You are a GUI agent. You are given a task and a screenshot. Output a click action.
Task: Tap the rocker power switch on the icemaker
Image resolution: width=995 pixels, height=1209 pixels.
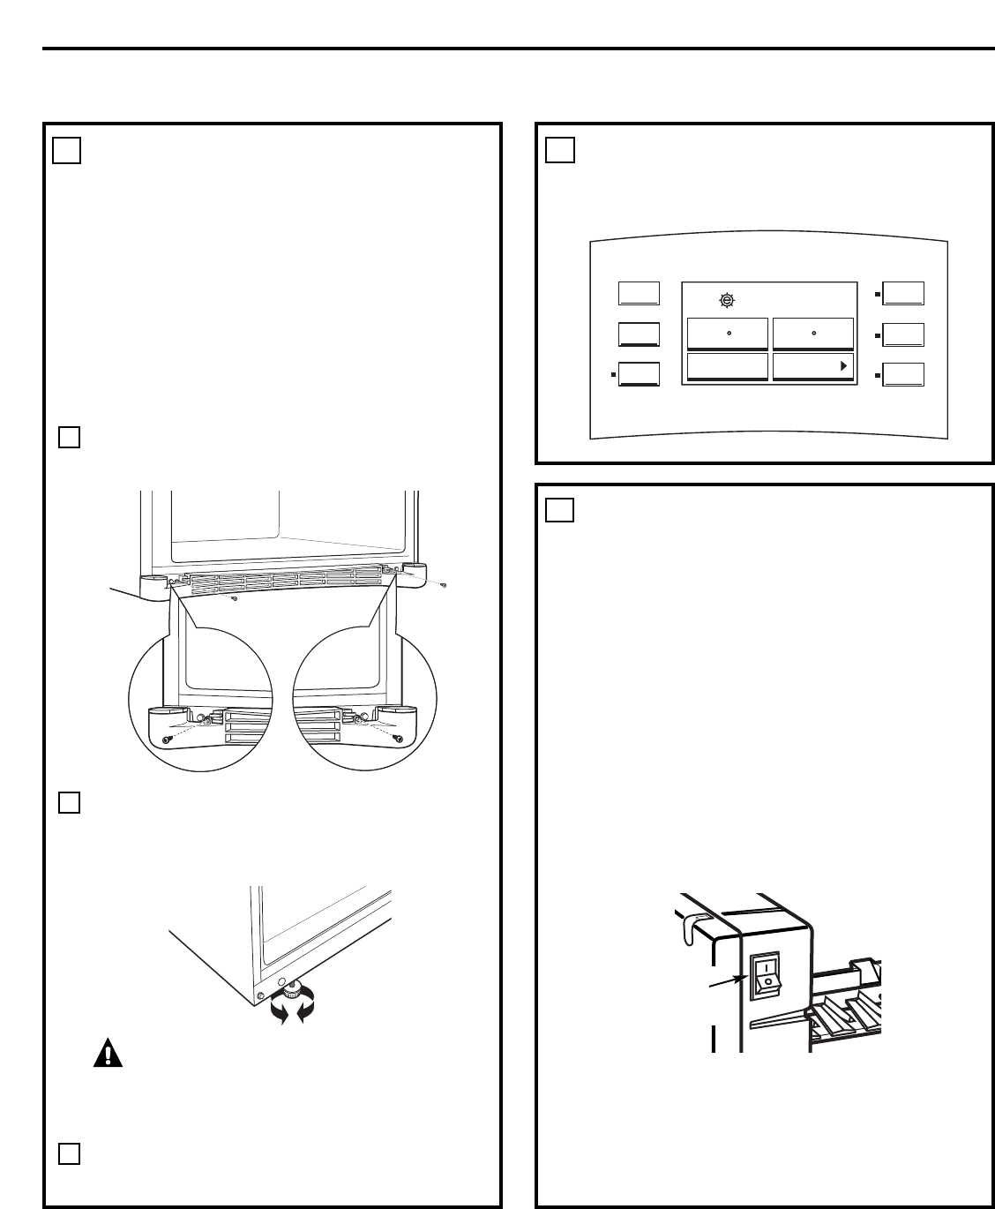(766, 975)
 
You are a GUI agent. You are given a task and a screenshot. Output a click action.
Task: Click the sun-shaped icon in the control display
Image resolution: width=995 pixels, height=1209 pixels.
(726, 300)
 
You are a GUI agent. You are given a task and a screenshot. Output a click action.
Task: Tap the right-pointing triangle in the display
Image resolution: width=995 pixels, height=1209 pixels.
(843, 365)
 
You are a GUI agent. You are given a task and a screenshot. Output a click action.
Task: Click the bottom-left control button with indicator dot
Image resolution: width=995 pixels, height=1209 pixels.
(639, 374)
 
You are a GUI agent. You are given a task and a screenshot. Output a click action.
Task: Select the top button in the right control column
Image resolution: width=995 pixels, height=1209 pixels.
(903, 293)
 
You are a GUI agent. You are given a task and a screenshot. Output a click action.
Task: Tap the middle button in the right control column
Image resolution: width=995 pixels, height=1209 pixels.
(903, 334)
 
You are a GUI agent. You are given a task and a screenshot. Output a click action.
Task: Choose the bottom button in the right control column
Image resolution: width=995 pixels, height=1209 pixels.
(903, 374)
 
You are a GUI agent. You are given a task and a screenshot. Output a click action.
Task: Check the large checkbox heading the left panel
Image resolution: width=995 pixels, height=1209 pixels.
(66, 151)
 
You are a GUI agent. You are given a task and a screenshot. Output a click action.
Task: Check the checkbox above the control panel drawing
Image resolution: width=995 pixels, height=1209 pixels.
(559, 150)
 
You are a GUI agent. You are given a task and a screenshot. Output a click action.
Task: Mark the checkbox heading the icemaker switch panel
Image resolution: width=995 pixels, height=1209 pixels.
(559, 509)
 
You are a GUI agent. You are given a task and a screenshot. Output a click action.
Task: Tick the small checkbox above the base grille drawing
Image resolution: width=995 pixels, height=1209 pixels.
(70, 437)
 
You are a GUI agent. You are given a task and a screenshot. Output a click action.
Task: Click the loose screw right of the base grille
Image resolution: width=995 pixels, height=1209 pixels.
(445, 585)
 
